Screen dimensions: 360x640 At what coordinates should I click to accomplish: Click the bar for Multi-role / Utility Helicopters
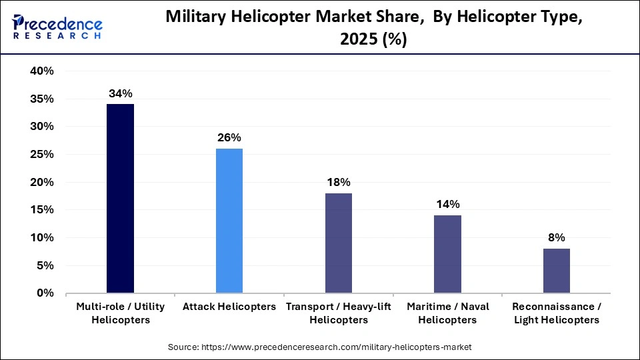click(120, 198)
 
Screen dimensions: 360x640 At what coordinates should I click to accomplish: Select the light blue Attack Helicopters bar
click(229, 221)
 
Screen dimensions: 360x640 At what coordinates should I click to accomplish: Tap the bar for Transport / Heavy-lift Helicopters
click(338, 243)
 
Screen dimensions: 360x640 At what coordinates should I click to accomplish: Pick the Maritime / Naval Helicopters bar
click(447, 254)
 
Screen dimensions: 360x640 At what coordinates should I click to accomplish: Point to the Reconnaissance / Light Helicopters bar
click(556, 271)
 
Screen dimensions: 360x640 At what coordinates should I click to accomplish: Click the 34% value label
click(120, 93)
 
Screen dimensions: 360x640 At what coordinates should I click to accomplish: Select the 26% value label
click(229, 138)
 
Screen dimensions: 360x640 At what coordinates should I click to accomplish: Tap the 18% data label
click(338, 183)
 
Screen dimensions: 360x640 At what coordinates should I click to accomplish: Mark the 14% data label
click(447, 205)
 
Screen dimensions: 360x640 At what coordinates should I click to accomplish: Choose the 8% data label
click(556, 238)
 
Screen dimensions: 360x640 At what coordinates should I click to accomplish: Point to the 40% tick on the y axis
click(42, 71)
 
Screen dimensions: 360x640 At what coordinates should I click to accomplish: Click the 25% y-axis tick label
click(42, 155)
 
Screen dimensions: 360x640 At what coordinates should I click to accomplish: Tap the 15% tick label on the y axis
click(42, 210)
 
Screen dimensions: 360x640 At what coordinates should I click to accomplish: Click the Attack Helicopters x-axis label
click(229, 307)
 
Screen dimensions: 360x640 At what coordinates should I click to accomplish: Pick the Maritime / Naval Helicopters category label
click(447, 313)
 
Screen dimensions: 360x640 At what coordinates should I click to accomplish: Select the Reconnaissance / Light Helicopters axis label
click(556, 313)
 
